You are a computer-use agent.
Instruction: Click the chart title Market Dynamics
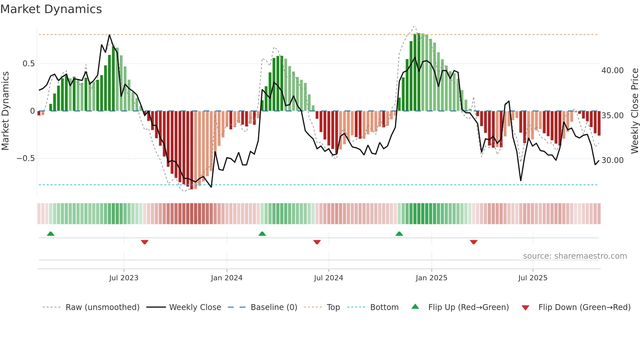coord(51,9)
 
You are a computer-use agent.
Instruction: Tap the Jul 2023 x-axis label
coord(124,278)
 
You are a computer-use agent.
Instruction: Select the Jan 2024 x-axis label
coord(227,278)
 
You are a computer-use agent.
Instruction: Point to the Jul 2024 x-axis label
coord(328,278)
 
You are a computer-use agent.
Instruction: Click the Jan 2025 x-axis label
coord(431,278)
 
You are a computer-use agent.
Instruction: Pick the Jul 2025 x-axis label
coord(533,278)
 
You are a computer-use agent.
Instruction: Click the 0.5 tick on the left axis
coord(28,64)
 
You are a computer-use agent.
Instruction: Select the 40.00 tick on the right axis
coord(612,71)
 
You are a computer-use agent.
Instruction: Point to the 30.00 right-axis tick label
coord(612,160)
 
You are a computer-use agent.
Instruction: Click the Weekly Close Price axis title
coord(634,111)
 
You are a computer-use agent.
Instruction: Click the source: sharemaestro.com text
coord(575,256)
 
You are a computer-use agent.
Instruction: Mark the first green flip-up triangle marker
coord(51,234)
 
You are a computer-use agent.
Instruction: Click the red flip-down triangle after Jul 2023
coord(145,242)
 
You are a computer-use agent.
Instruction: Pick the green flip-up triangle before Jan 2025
coord(399,234)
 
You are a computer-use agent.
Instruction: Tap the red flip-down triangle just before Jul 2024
coord(317,242)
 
